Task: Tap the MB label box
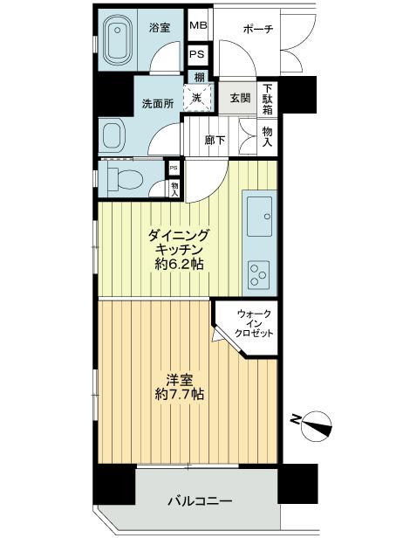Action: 198,26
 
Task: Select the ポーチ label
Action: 258,29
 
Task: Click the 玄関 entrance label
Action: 240,98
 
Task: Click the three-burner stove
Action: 259,276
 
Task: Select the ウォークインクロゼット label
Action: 255,324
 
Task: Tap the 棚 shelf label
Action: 198,79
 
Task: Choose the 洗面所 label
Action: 157,104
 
